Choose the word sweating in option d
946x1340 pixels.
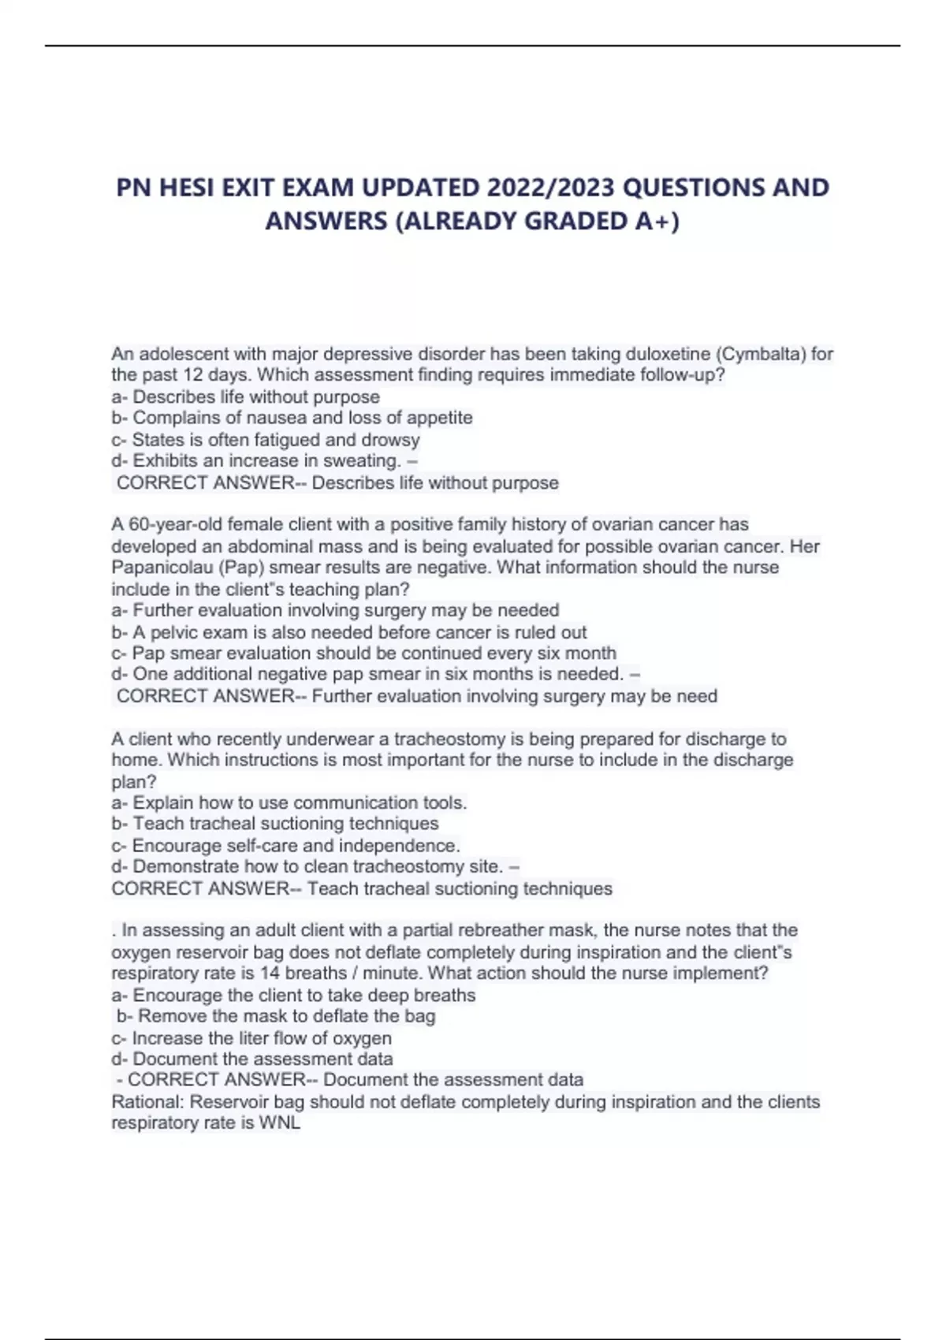click(359, 461)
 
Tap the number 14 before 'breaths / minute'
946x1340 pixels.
click(270, 973)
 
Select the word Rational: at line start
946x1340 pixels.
click(147, 1102)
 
